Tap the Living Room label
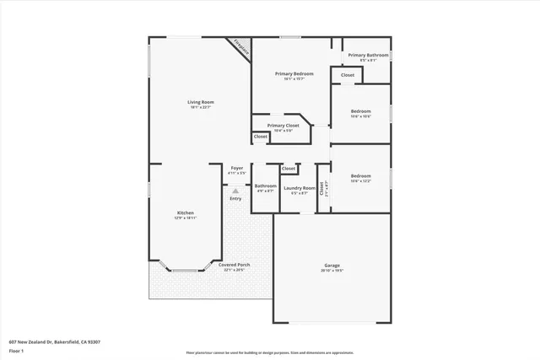click(201, 104)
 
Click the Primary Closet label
click(283, 126)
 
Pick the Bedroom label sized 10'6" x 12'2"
click(360, 177)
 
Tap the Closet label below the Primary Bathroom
click(348, 75)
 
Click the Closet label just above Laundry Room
click(289, 169)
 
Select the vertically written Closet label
click(321, 189)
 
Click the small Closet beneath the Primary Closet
click(261, 137)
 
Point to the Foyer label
click(237, 169)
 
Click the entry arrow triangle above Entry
click(235, 191)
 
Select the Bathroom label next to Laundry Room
click(266, 187)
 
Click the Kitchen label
click(186, 214)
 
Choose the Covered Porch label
click(233, 266)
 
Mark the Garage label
click(332, 267)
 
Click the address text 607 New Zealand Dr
click(54, 341)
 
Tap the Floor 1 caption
click(18, 352)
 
